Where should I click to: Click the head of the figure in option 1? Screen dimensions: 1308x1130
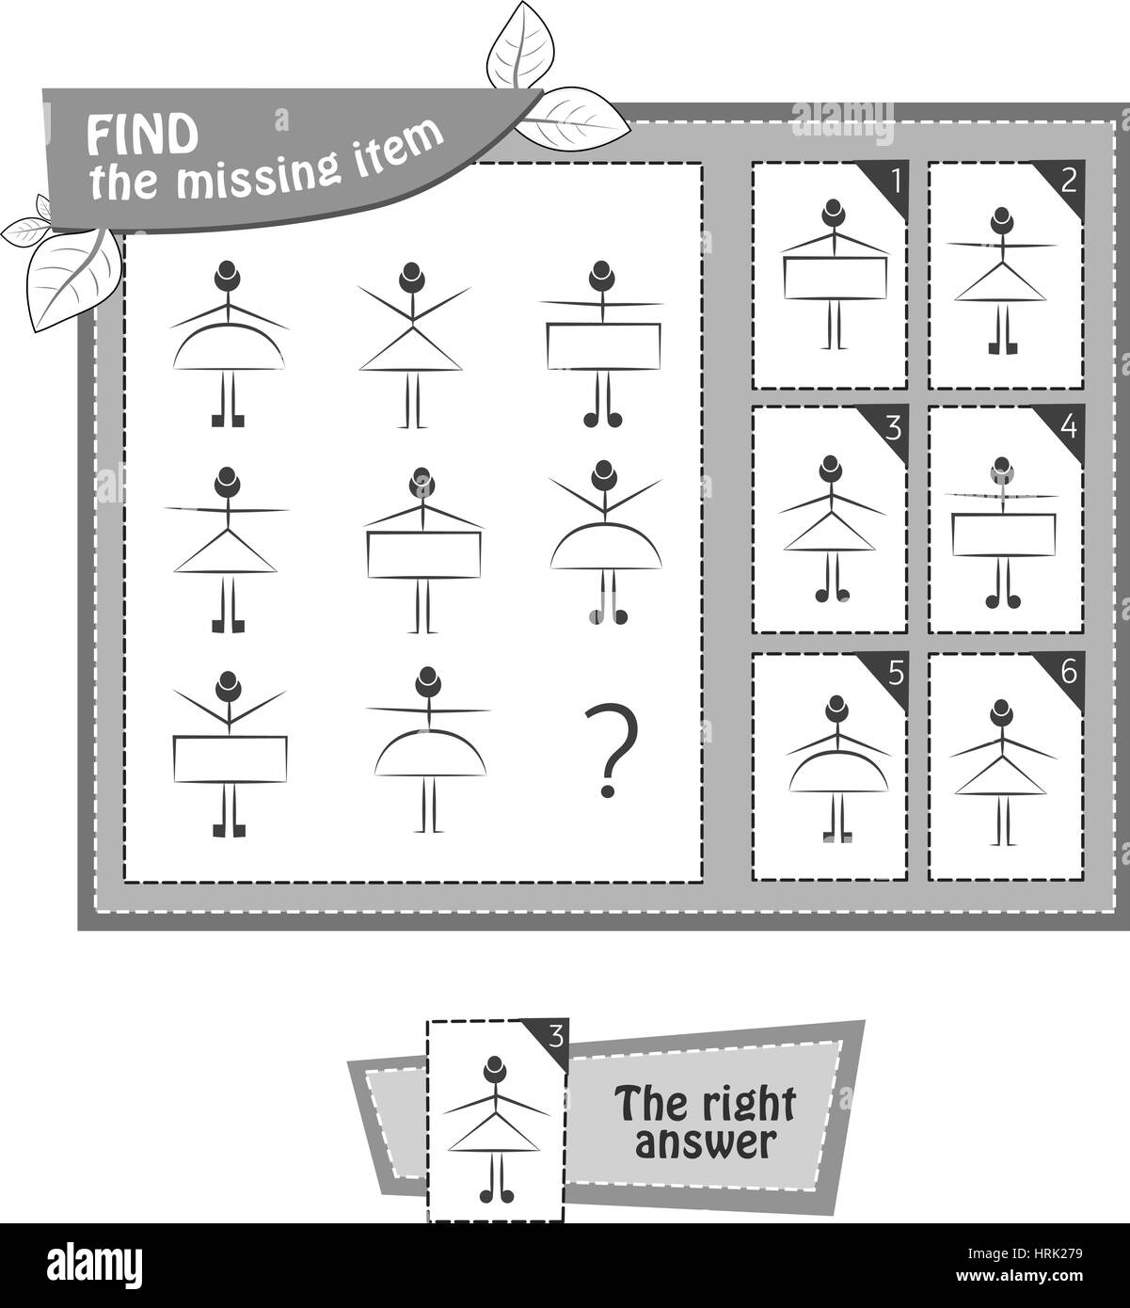point(830,212)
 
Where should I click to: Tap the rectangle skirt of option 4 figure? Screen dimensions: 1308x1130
point(1003,534)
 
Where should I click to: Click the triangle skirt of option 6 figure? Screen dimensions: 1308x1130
point(1003,777)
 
